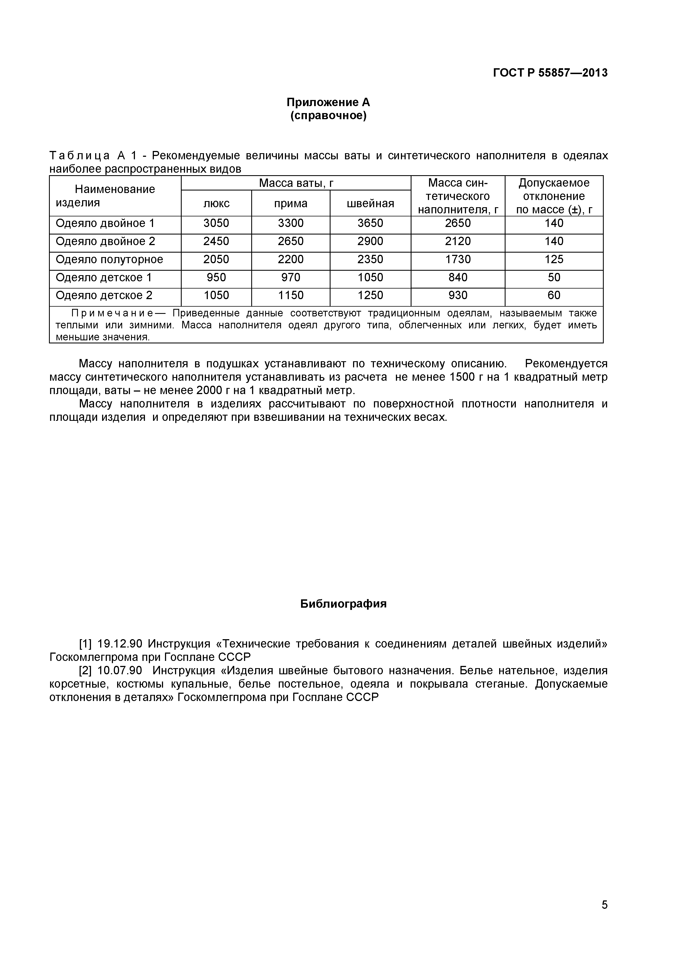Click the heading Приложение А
coord(328,102)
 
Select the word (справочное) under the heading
coord(328,116)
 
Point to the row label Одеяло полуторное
coord(109,260)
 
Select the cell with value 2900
coord(370,242)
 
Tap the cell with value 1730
coord(458,260)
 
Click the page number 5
coord(605,917)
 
